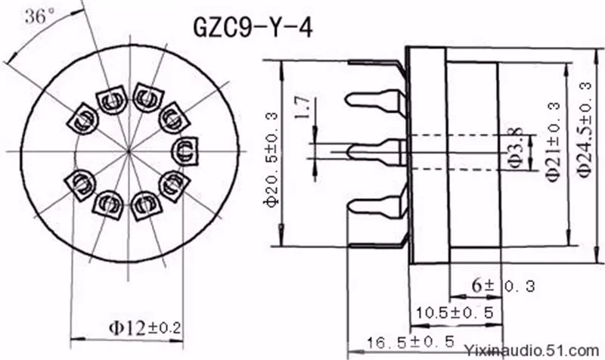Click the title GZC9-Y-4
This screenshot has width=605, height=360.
tap(253, 28)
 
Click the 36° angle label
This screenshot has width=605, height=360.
tap(40, 17)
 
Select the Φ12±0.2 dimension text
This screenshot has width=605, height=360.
tap(144, 328)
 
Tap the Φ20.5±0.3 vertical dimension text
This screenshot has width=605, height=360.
tap(271, 160)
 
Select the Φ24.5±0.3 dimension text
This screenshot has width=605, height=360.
tap(585, 130)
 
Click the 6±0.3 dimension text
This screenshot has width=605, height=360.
tap(504, 286)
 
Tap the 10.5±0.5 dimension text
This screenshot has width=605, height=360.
tap(455, 312)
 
